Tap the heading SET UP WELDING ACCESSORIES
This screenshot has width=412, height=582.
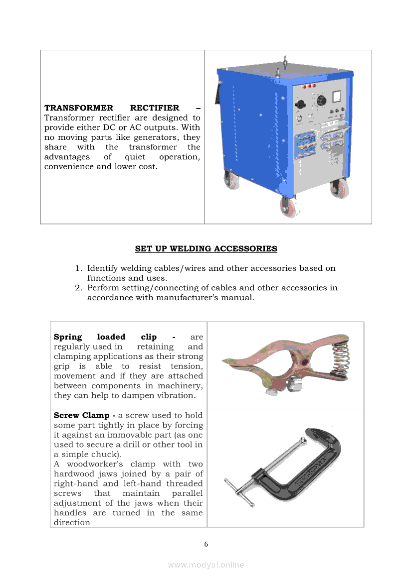[x=206, y=248]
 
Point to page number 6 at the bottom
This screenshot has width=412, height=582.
[x=206, y=544]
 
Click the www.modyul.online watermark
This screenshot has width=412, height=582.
[x=206, y=565]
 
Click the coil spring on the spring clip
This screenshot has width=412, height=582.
[x=341, y=356]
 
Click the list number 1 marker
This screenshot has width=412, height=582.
[x=79, y=268]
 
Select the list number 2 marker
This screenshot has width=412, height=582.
[x=79, y=288]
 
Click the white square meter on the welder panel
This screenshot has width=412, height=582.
[x=336, y=94]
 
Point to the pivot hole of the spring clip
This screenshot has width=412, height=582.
[x=298, y=359]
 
